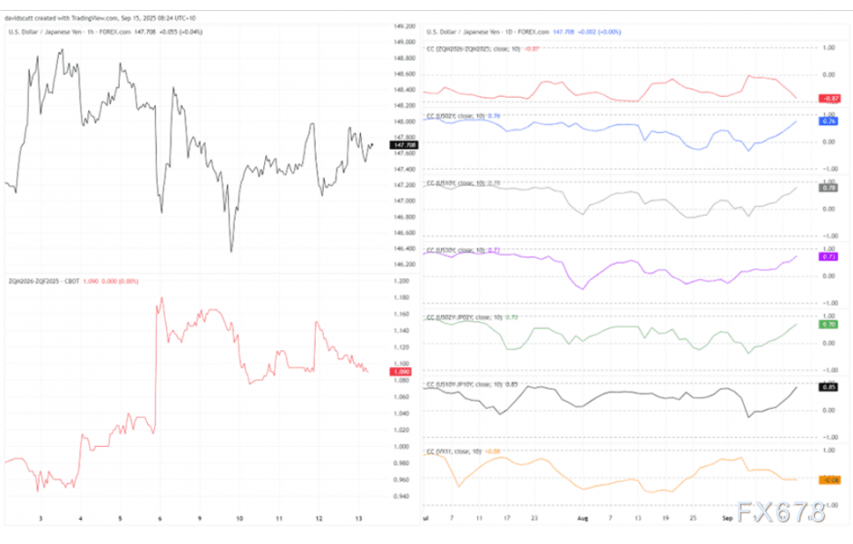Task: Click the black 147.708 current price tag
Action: [405, 145]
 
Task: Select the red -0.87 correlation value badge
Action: [828, 98]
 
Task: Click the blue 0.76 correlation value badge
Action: [828, 121]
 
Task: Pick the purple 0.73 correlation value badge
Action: [828, 257]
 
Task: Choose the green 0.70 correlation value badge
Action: [828, 324]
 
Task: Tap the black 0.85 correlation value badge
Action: [828, 388]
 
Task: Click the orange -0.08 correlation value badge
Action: [828, 480]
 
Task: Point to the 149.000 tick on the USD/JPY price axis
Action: [405, 25]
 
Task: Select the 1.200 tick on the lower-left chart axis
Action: [404, 281]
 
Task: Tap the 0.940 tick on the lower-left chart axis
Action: [404, 496]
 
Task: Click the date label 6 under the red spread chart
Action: [160, 519]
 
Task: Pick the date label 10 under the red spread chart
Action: [239, 519]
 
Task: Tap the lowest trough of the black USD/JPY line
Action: [230, 251]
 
